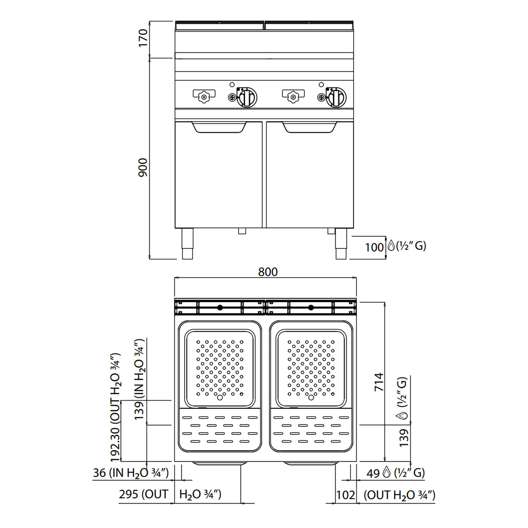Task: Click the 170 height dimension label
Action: [x=143, y=38]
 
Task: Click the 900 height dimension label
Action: [x=143, y=167]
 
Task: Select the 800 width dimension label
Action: [x=268, y=272]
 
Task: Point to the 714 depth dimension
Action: [x=379, y=382]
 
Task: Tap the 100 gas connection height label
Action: [x=374, y=247]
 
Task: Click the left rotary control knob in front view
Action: [x=247, y=97]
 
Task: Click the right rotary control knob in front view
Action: [x=336, y=97]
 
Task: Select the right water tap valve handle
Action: [x=293, y=96]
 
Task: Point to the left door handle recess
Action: [x=219, y=127]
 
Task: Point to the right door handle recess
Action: [x=309, y=127]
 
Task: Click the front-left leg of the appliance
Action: [x=187, y=243]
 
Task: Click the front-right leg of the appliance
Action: [x=341, y=243]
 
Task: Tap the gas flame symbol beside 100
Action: [x=391, y=246]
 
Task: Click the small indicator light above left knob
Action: [x=232, y=84]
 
